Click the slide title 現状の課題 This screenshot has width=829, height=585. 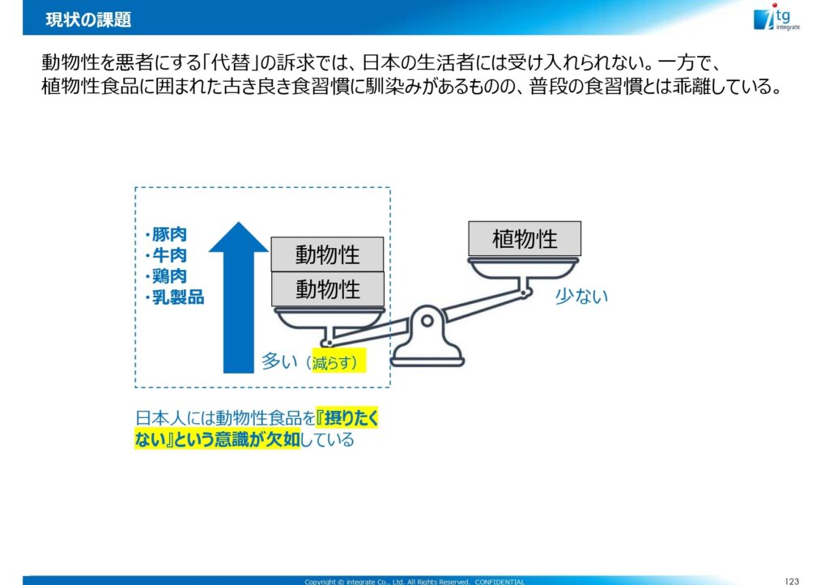[88, 20]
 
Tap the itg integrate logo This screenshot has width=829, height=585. [776, 18]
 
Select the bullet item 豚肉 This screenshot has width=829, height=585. [166, 234]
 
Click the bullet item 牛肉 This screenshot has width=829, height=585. [166, 255]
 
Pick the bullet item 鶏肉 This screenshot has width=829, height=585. [166, 275]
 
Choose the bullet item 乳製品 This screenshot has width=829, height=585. [175, 297]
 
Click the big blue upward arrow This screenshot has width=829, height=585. [239, 297]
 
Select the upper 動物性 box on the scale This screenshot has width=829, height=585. [327, 254]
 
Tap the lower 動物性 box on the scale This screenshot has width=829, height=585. [327, 288]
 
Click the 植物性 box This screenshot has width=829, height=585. [525, 238]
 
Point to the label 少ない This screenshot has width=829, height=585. [581, 297]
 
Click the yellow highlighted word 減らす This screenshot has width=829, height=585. [332, 363]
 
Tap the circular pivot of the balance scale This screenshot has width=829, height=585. [427, 321]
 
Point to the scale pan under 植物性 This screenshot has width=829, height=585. [524, 268]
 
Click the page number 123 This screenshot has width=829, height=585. [792, 581]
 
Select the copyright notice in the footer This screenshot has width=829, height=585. [414, 581]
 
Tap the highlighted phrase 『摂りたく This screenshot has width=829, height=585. [347, 418]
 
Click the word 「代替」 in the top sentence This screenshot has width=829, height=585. [232, 62]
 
